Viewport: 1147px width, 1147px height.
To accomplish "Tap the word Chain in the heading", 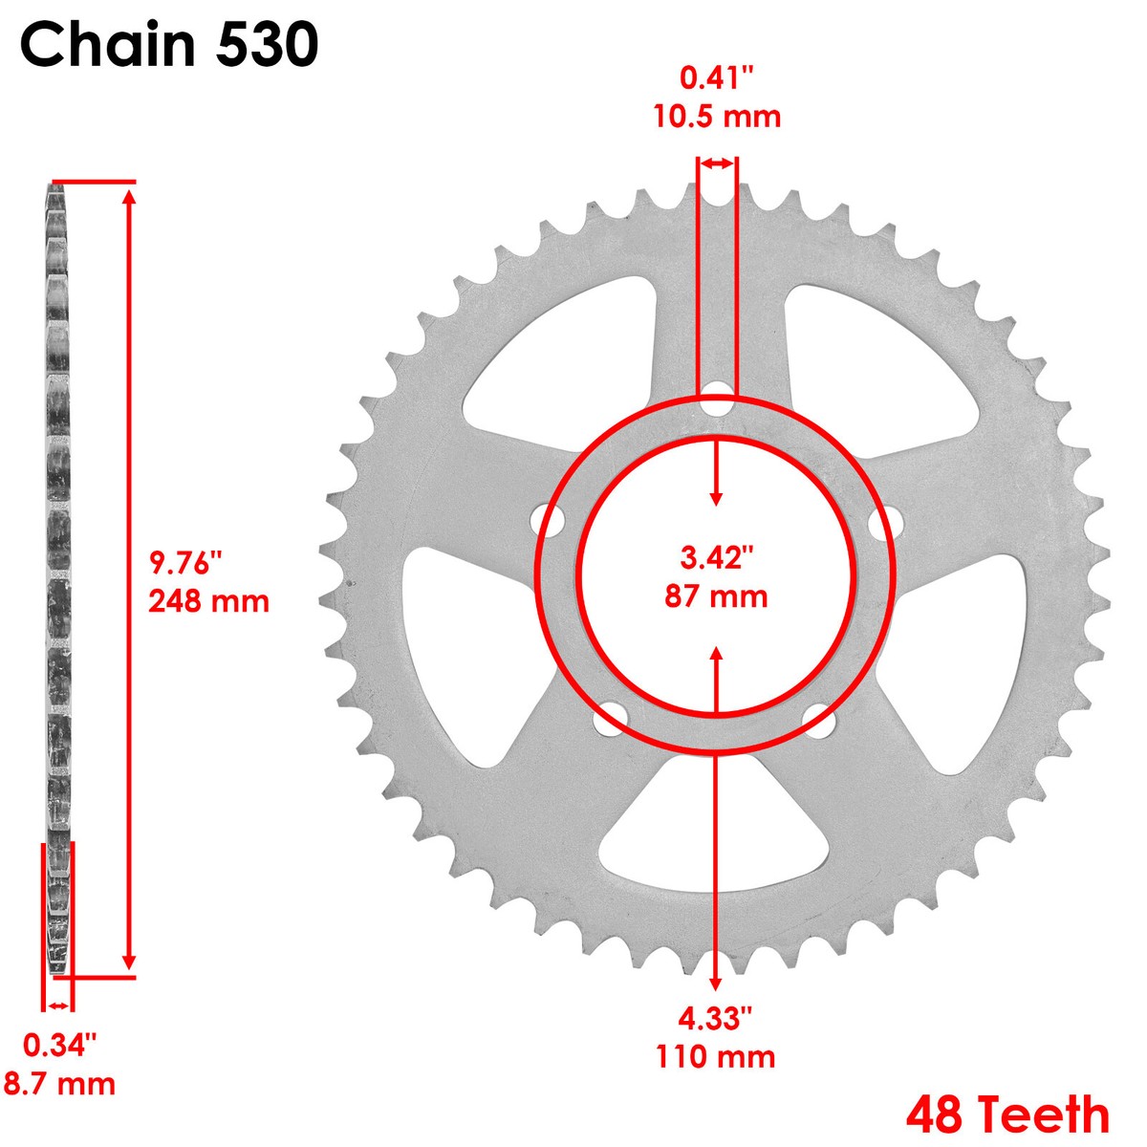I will (x=110, y=45).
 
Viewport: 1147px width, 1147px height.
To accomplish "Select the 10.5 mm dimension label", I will (x=717, y=117).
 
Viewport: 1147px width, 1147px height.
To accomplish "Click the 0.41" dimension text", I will (x=717, y=77).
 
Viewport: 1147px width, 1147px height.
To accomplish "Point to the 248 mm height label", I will (x=208, y=602).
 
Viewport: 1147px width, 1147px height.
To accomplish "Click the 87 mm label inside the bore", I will (x=716, y=597).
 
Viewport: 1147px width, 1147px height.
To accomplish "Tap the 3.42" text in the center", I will (x=716, y=557).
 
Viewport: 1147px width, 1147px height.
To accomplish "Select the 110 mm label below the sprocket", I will (x=716, y=1057).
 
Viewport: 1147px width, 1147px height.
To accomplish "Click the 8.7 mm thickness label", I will (x=60, y=1084).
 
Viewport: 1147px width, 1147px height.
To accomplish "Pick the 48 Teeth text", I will (x=1007, y=1115).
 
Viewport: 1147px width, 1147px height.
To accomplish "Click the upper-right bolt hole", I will (x=885, y=521).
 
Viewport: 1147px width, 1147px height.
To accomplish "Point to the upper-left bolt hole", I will (x=549, y=522).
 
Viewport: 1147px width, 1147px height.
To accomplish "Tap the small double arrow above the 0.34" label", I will (x=59, y=1006).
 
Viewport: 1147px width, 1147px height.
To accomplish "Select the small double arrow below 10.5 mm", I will (x=716, y=164).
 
